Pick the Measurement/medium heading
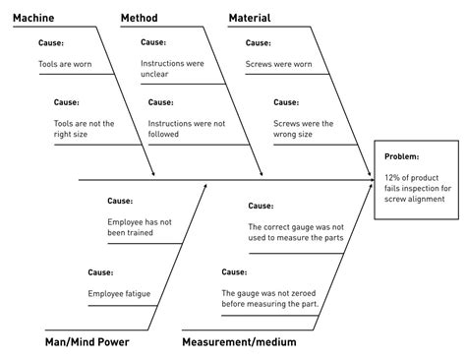point(238,342)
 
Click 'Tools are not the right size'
point(83,130)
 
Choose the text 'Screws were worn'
point(278,64)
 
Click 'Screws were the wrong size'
point(304,130)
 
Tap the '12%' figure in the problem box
point(396,178)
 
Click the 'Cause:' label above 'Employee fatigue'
point(101,271)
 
